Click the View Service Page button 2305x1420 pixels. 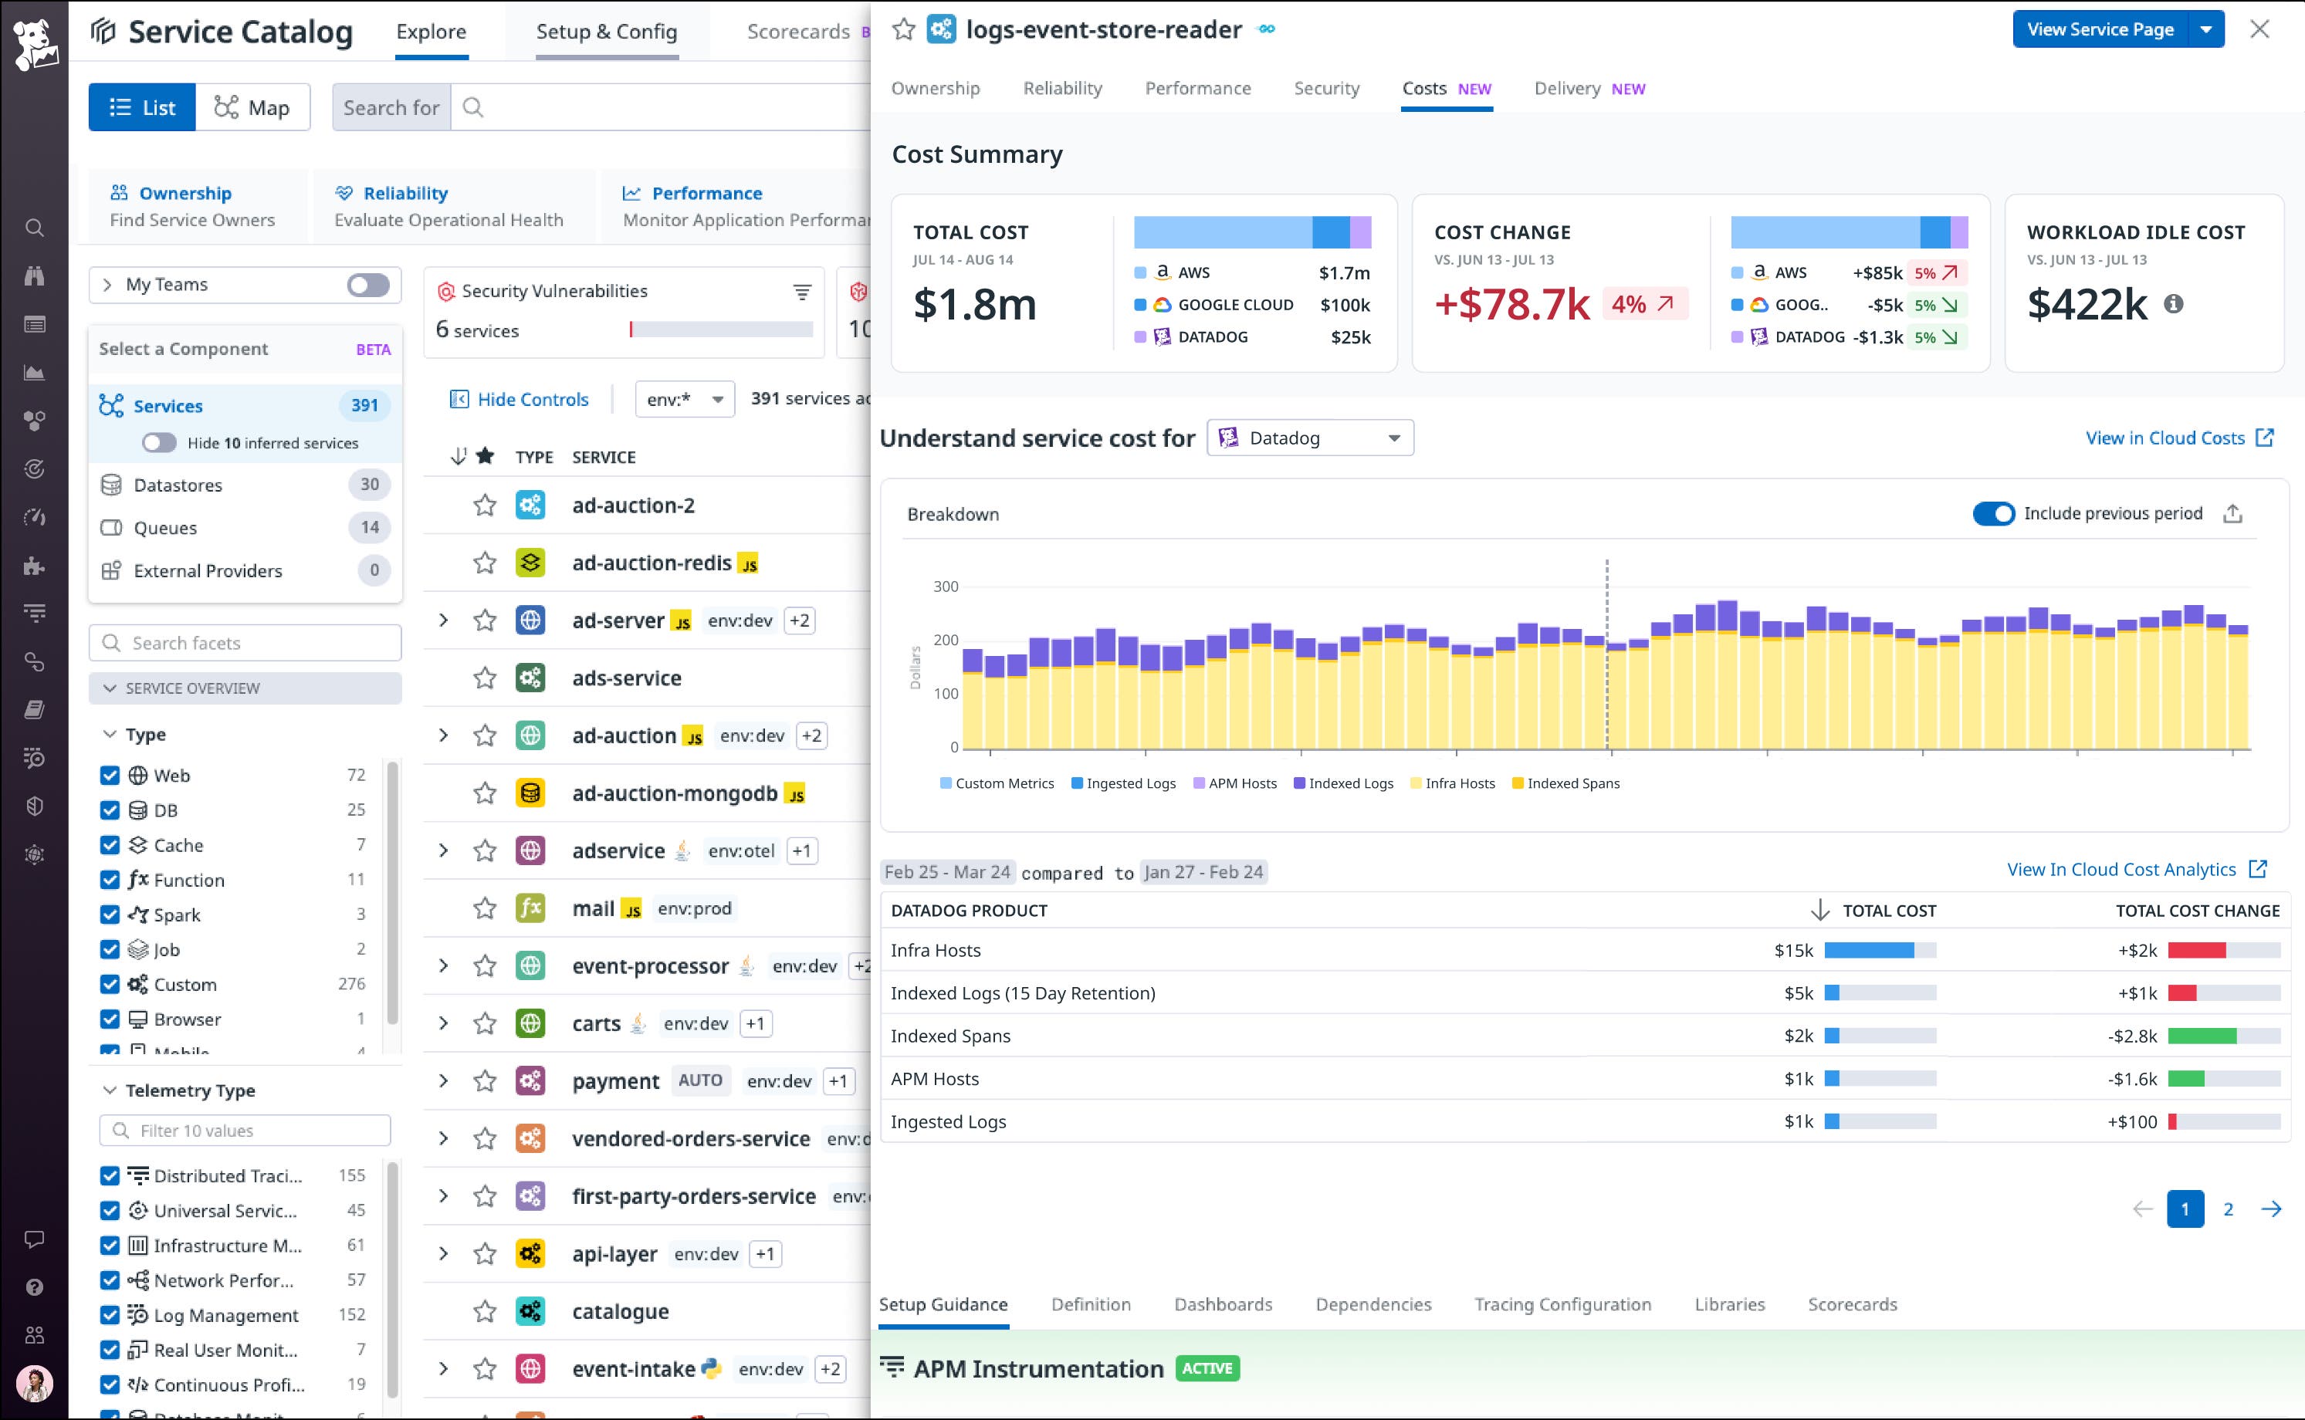point(2100,29)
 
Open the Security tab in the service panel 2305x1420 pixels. point(1326,88)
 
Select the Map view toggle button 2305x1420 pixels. point(252,107)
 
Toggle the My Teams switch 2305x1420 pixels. point(367,285)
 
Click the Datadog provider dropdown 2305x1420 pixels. point(1309,438)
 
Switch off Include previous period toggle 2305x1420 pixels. point(1993,514)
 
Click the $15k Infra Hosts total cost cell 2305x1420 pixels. point(1793,951)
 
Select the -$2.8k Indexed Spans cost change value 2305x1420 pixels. point(2132,1036)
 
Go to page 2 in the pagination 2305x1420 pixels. point(2228,1209)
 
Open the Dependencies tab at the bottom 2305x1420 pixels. point(1373,1304)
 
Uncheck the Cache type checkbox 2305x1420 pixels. point(110,845)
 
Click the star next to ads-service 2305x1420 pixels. point(485,678)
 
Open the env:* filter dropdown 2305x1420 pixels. point(685,399)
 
